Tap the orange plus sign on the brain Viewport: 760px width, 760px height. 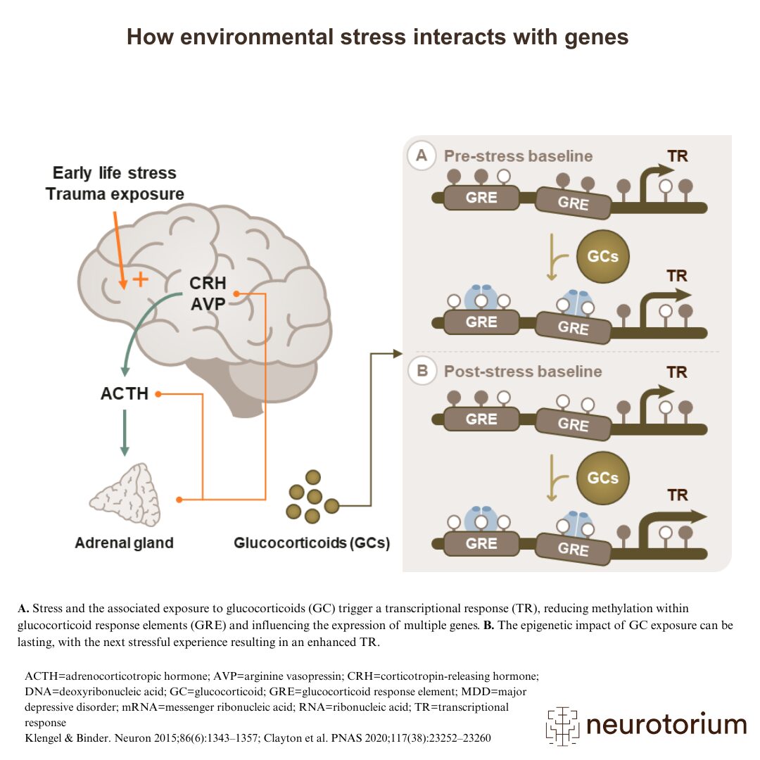tap(141, 279)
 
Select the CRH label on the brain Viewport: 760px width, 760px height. tap(208, 284)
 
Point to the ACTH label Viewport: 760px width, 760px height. tap(125, 393)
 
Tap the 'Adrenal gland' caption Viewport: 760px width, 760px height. tap(124, 543)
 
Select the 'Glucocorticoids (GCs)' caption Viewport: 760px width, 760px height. tap(312, 543)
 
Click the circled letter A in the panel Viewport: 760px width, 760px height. tap(422, 156)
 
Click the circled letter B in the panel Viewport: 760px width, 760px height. tap(422, 371)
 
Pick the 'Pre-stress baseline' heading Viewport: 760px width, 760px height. tap(518, 156)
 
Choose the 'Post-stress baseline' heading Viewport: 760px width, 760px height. tap(523, 371)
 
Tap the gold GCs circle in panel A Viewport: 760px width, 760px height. tap(603, 256)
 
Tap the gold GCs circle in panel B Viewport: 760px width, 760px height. tap(603, 478)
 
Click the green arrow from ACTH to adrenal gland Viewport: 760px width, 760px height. tap(125, 432)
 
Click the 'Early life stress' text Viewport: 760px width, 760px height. tap(115, 172)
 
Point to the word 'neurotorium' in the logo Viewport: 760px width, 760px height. tap(666, 724)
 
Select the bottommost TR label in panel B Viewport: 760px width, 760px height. tap(678, 495)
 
